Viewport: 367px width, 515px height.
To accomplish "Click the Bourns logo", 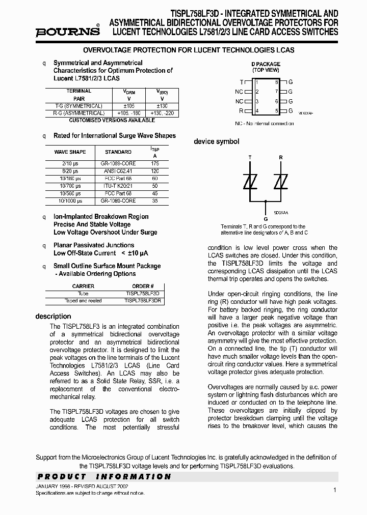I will [67, 32].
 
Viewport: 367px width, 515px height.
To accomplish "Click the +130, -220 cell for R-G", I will [162, 113].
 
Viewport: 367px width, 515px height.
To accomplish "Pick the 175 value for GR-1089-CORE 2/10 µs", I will [155, 163].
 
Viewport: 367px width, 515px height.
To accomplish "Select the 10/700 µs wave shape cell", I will [70, 186].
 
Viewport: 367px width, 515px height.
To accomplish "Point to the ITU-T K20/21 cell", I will [118, 186].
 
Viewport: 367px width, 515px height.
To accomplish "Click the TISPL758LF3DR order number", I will [143, 301].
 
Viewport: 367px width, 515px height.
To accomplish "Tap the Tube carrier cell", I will [83, 294].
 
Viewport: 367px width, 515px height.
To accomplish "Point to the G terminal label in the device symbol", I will [265, 218].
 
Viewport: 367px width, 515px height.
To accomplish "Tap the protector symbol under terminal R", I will [280, 182].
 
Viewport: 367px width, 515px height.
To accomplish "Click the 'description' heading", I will [53, 317].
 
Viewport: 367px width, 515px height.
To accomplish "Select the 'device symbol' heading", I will [216, 141].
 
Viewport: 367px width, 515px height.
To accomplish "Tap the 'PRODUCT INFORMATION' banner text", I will [104, 477].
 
